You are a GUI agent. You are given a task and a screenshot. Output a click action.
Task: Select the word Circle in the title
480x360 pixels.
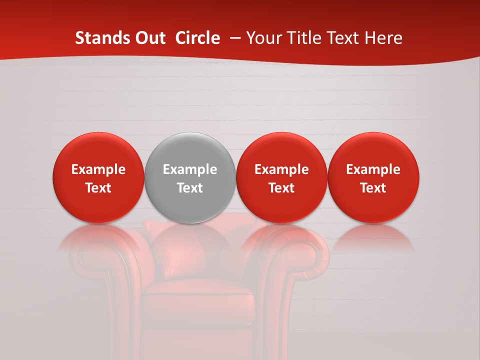197,38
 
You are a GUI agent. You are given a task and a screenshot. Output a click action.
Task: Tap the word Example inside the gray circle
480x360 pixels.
190,169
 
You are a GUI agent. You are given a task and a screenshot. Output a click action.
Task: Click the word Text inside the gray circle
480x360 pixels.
190,188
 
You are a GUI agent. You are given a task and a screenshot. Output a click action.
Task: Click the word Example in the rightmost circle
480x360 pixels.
373,169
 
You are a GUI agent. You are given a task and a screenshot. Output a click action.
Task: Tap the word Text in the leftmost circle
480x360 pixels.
98,188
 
